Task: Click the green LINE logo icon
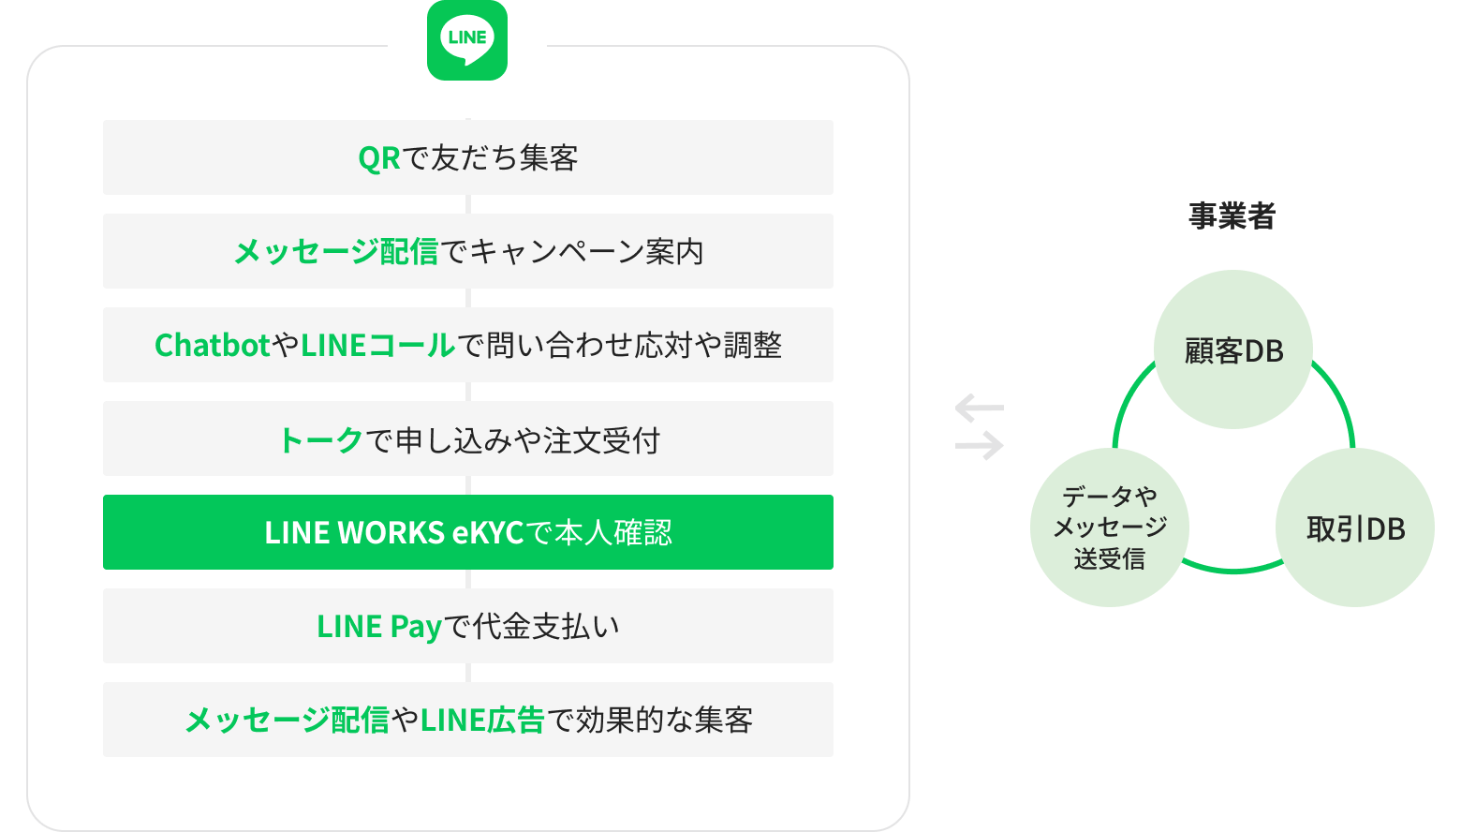[467, 40]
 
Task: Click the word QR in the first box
[378, 158]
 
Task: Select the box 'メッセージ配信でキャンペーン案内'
[467, 251]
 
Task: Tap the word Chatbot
[213, 346]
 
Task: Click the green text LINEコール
[377, 346]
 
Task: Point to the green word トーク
[320, 439]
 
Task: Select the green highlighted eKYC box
[467, 532]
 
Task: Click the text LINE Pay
[378, 627]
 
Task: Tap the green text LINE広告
[482, 721]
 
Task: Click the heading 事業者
[1232, 216]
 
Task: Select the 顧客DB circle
[1232, 350]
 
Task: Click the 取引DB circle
[1354, 528]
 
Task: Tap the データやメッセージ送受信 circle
[1110, 527]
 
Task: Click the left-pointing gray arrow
[979, 409]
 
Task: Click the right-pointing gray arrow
[980, 446]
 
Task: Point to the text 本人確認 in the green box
[612, 533]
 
